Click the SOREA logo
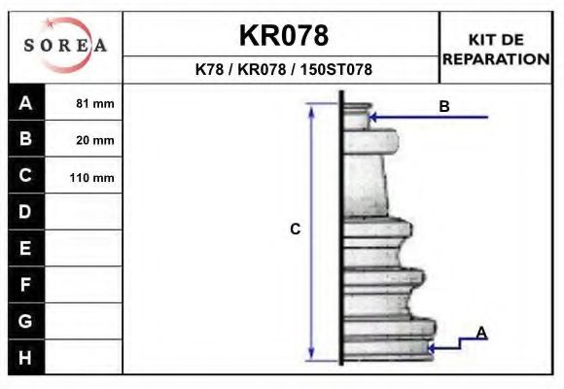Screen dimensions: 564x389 65,45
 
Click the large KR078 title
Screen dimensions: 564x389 284,35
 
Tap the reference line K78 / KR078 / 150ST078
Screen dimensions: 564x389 283,69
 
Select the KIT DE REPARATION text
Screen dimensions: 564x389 496,50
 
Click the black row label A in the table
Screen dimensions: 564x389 26,102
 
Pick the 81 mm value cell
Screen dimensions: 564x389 84,102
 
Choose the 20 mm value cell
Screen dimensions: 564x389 84,139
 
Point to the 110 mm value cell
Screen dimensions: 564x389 84,176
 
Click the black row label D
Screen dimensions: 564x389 26,212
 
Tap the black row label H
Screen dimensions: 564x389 26,357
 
